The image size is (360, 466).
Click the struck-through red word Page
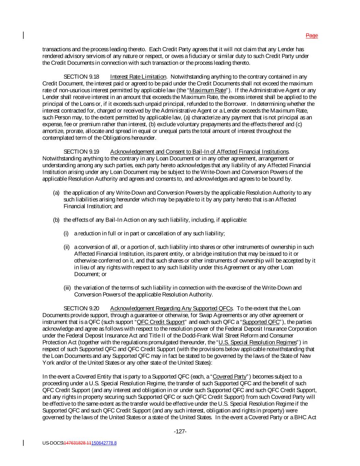coord(312,36)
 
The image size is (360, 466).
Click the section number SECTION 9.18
coord(81,77)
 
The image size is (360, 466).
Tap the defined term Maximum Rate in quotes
coord(207,90)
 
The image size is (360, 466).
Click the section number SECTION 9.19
coord(81,152)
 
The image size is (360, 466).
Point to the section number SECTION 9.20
coord(81,309)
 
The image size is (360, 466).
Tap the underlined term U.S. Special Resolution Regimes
coord(257,342)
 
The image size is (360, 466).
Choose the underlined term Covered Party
coord(229,377)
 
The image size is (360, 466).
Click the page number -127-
coord(180,432)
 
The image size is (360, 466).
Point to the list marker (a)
coord(56,193)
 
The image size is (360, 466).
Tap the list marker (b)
coord(56,220)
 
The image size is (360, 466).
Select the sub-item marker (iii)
coord(68,288)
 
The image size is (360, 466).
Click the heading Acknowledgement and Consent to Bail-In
coord(199,152)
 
